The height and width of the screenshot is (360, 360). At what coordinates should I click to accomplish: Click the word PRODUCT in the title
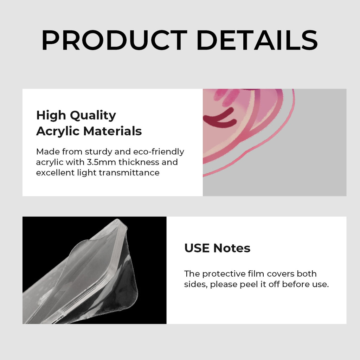(114, 40)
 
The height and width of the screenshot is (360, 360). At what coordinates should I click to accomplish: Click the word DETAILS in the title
(257, 40)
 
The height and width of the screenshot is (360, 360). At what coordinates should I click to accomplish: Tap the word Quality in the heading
(93, 115)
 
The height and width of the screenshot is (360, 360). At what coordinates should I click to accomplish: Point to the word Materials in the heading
(112, 131)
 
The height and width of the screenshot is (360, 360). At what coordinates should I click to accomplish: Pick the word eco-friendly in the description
(159, 152)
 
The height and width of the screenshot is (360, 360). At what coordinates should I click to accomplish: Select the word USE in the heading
(197, 248)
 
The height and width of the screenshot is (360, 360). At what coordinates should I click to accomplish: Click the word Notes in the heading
(232, 248)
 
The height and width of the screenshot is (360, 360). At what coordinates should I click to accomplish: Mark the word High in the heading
(51, 115)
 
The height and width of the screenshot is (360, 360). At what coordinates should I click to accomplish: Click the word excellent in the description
(55, 173)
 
